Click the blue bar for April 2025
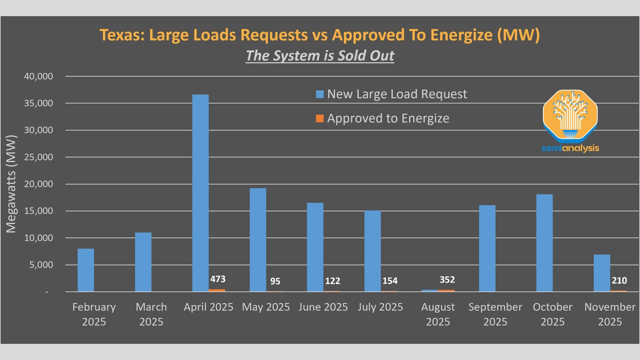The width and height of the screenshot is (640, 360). [x=200, y=192]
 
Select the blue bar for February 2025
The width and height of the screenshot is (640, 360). [x=85, y=270]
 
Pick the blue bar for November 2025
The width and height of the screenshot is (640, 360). [x=602, y=273]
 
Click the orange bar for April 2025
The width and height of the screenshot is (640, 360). [x=217, y=290]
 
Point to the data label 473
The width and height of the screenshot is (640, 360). [x=217, y=279]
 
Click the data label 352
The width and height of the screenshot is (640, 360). [x=446, y=279]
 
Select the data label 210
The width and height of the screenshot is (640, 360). [x=618, y=280]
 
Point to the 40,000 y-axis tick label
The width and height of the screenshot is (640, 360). [x=38, y=76]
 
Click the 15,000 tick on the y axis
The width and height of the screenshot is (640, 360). [x=38, y=211]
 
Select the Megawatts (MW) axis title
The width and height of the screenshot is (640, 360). [x=11, y=183]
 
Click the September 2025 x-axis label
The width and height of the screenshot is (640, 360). [x=495, y=314]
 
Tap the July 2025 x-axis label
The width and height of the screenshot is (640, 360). [x=380, y=307]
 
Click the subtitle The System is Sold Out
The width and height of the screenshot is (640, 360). [x=320, y=55]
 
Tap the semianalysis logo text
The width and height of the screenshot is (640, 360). [x=570, y=148]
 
